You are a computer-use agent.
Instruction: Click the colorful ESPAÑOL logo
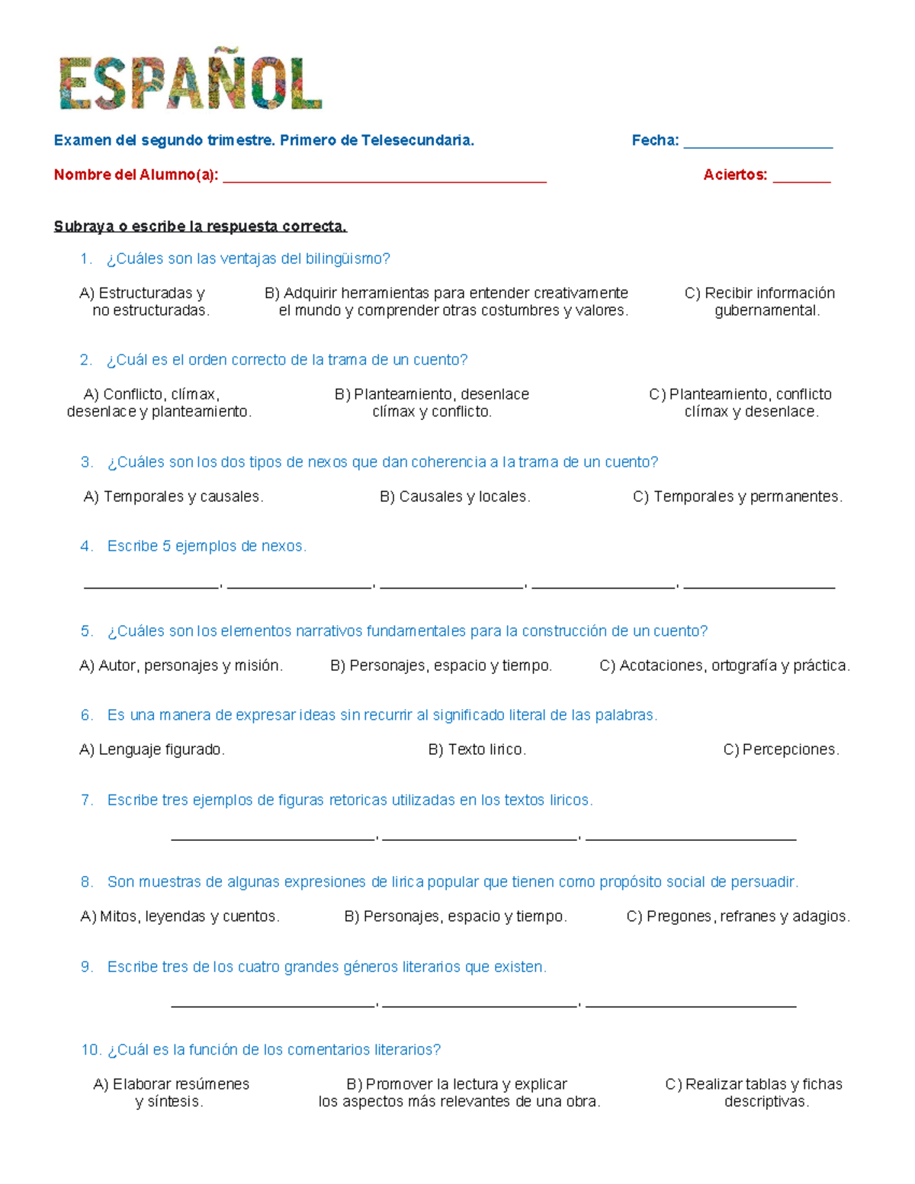tap(191, 83)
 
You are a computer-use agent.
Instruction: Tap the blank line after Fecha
tap(757, 145)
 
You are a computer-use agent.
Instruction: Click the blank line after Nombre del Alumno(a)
tap(384, 180)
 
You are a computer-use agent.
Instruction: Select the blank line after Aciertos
tap(801, 180)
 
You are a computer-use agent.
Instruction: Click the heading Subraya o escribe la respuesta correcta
tap(200, 226)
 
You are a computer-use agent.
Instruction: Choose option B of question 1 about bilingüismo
tap(447, 302)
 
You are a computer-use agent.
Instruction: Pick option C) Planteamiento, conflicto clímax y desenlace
tap(740, 403)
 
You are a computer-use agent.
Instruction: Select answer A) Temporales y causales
tap(173, 497)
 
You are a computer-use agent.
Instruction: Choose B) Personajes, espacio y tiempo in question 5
tap(441, 666)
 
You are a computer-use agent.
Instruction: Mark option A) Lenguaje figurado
tap(152, 750)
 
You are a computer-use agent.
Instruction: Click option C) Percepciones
tap(781, 750)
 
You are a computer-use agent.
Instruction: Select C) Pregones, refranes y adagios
tap(737, 917)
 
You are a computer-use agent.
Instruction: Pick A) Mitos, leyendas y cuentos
tap(180, 917)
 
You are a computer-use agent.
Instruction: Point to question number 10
tap(91, 1051)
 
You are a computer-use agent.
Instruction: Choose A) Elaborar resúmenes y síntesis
tap(171, 1093)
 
